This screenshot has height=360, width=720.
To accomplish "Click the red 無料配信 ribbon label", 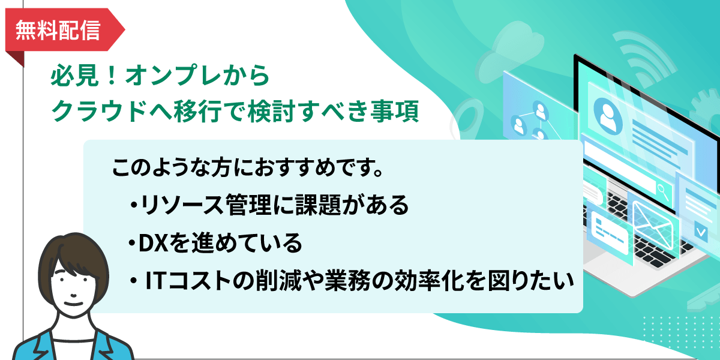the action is click(x=64, y=30).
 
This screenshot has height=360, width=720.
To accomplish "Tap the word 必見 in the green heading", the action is click(x=74, y=75).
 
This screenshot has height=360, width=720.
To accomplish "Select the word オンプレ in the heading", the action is click(x=173, y=75).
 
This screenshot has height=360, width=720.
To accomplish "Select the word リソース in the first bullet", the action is click(x=182, y=205).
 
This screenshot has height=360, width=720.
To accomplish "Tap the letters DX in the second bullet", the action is click(x=154, y=243).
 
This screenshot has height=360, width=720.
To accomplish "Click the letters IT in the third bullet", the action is click(x=156, y=281).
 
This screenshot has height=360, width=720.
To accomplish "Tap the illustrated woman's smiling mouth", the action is click(x=74, y=304).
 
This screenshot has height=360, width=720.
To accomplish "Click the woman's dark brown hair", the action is click(x=73, y=257).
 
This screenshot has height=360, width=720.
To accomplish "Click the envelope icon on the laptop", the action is click(x=653, y=225).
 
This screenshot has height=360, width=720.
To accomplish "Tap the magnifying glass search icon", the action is click(x=663, y=191).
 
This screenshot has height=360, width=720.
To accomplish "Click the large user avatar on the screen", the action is click(x=607, y=116).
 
